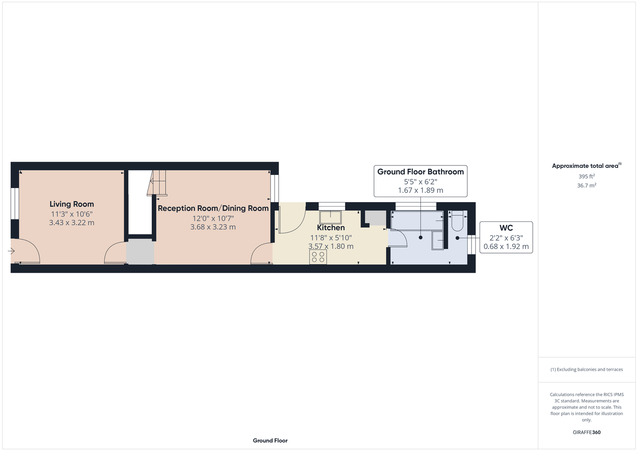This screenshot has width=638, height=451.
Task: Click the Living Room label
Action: click(72, 204)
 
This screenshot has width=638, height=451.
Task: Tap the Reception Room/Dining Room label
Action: click(213, 208)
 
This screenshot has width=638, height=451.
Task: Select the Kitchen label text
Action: click(331, 228)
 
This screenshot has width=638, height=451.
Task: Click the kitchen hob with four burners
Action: click(318, 257)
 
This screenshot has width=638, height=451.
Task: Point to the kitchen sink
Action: click(331, 217)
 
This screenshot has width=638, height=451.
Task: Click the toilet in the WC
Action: click(457, 221)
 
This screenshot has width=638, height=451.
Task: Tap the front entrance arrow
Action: click(11, 251)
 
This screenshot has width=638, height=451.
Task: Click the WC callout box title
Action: click(506, 228)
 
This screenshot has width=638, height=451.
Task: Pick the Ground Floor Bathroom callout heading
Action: click(420, 172)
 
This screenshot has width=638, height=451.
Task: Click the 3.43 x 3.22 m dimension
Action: click(72, 222)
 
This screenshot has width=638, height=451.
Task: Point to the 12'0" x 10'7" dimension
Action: click(213, 218)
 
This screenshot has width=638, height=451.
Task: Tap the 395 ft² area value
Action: click(587, 176)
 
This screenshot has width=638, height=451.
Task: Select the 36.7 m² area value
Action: click(587, 185)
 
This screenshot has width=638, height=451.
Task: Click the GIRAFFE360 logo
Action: click(587, 432)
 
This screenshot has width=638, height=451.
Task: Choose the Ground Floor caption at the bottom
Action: click(270, 441)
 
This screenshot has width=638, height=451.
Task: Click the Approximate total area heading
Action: click(587, 166)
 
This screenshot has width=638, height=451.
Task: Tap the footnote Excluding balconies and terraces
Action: click(587, 369)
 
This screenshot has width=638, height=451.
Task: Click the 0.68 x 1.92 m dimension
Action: click(506, 246)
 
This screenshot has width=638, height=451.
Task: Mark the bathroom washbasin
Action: click(438, 240)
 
